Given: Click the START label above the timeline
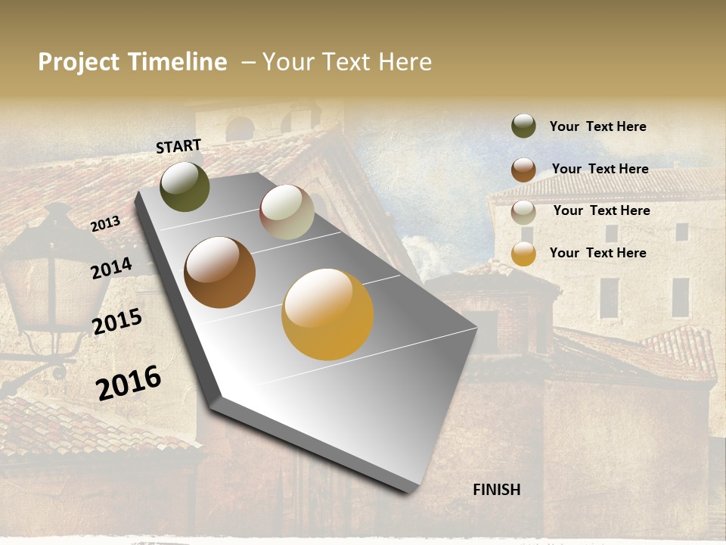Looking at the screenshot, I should click(x=178, y=146).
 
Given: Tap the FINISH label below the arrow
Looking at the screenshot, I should click(x=496, y=490).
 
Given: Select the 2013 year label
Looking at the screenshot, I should click(x=105, y=224).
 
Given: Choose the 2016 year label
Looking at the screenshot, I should click(x=129, y=382).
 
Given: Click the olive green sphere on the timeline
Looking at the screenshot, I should click(x=185, y=186).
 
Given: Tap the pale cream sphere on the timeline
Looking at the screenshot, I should click(x=287, y=212).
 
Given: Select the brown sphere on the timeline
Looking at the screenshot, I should click(x=220, y=272).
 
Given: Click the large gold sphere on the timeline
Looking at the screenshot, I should click(x=327, y=314).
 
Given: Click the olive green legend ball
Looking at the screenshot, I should click(x=523, y=126).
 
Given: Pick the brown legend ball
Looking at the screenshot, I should click(x=523, y=170).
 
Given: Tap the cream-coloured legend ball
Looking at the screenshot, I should click(x=523, y=212).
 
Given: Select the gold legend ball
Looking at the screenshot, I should click(x=523, y=254).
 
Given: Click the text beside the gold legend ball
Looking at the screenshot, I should click(x=597, y=253).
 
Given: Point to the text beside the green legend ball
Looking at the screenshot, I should click(x=597, y=126).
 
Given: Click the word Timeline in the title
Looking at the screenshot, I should click(x=177, y=62).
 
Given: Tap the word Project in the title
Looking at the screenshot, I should click(x=79, y=62).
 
